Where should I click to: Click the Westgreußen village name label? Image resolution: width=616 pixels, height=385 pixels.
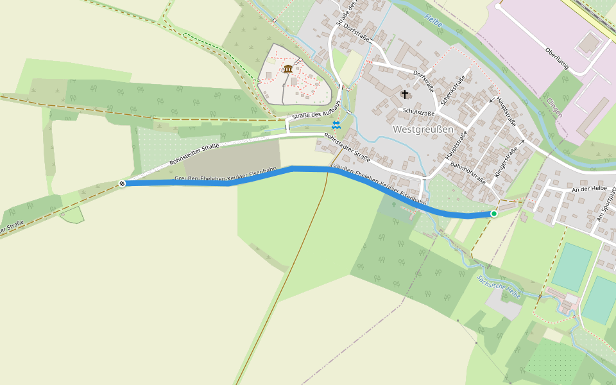[x=423, y=130]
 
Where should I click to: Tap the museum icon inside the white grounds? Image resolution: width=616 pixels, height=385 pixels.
[x=287, y=69]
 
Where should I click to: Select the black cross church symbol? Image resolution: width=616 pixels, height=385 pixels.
[x=405, y=95]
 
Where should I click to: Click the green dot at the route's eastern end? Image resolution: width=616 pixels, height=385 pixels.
[x=494, y=213]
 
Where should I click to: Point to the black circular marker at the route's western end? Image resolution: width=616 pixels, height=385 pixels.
[x=122, y=184]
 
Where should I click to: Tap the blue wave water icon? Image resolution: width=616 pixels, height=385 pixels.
[x=336, y=124]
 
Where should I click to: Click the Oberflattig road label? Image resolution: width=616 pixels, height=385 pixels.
[x=557, y=57]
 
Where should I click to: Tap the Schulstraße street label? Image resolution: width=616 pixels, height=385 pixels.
[x=418, y=112]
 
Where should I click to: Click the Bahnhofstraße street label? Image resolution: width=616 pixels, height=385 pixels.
[x=468, y=173]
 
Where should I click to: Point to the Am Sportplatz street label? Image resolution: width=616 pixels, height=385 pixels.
[x=605, y=207]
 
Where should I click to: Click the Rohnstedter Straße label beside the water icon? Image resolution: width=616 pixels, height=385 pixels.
[x=347, y=148]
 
